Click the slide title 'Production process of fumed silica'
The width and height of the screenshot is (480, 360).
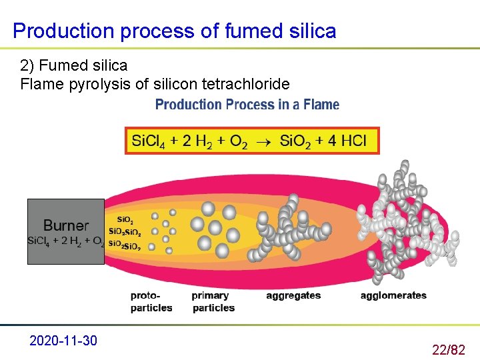(174, 31)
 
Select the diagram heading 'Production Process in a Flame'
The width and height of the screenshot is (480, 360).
(247, 105)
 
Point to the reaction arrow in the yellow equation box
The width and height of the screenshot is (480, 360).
(263, 142)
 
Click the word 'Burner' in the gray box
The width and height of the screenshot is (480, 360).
(65, 225)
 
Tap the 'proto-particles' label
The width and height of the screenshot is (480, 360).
(151, 301)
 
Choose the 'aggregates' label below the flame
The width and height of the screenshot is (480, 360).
(293, 295)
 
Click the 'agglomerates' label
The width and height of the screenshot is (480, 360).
(393, 295)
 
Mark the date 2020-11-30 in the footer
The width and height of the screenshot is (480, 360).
(63, 341)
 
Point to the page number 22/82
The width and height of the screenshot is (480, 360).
(449, 349)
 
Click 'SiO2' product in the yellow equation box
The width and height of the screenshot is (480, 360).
(295, 141)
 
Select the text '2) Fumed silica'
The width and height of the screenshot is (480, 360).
(73, 65)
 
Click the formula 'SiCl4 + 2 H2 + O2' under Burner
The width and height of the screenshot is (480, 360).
(65, 241)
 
